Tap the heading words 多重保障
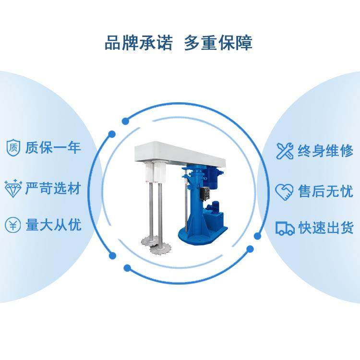(x=218, y=43)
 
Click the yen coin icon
(x=13, y=225)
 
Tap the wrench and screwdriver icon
(x=285, y=151)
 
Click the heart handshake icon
(x=284, y=192)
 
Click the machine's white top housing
(x=178, y=153)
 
